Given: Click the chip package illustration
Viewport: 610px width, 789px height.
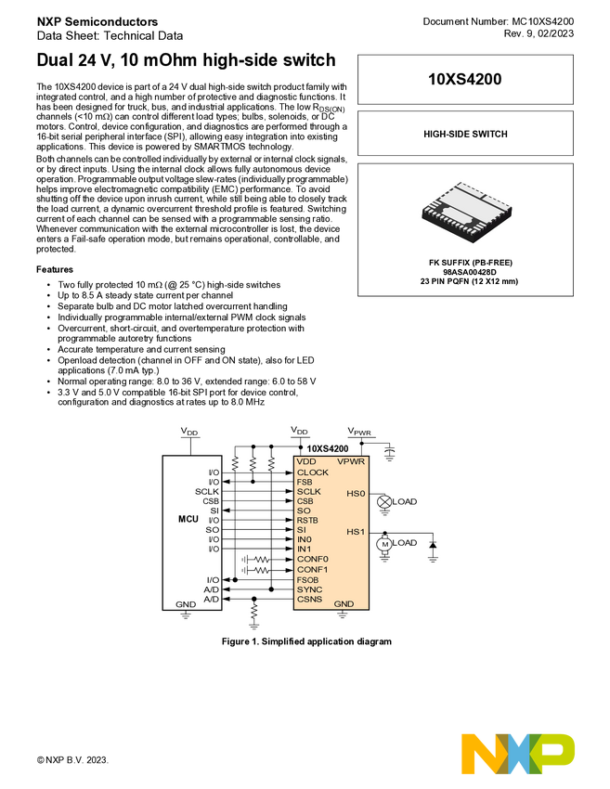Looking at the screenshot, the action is [x=466, y=212].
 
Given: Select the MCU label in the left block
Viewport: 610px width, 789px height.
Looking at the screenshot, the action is [x=188, y=520].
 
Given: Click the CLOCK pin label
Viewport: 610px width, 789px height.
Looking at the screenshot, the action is [x=313, y=472].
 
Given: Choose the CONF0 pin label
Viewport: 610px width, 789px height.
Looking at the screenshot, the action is [x=312, y=559].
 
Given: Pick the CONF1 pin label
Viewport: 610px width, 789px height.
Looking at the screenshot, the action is [x=312, y=569].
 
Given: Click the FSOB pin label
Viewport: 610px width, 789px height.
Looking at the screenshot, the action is [x=307, y=580].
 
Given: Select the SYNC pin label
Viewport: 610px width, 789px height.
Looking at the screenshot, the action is [x=309, y=589].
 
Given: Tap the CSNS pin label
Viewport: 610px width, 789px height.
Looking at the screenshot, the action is [x=309, y=600].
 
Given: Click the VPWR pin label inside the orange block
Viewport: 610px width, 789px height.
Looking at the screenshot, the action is [x=351, y=461].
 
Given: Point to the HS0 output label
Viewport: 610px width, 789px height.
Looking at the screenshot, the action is [x=356, y=493].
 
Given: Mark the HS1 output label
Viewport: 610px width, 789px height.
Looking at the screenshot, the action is [x=356, y=532].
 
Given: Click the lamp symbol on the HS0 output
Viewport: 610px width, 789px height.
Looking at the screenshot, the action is [x=383, y=501].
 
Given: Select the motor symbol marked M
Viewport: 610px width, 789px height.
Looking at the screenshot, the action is [x=384, y=545].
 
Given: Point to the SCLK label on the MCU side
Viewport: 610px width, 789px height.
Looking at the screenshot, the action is [x=206, y=491].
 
